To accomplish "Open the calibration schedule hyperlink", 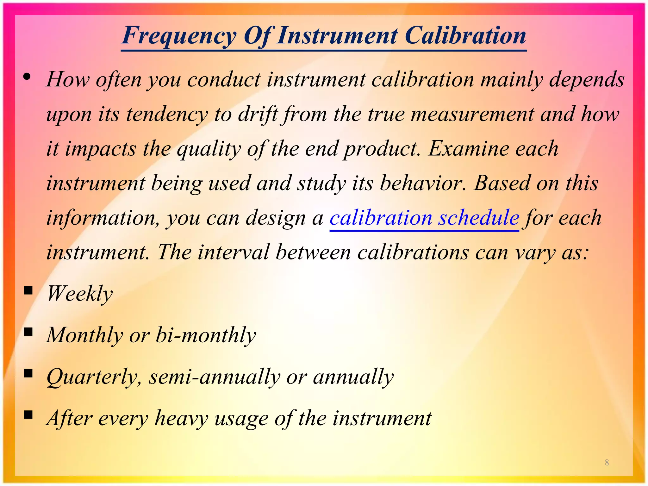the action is pyautogui.click(x=424, y=218).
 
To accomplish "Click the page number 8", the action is pyautogui.click(x=607, y=462).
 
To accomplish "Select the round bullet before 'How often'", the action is pyautogui.click(x=27, y=77).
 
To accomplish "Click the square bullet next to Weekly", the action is pyautogui.click(x=28, y=290).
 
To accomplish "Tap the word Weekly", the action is pyautogui.click(x=80, y=294).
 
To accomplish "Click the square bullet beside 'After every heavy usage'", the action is pyautogui.click(x=28, y=414).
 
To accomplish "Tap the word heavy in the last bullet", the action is pyautogui.click(x=181, y=418).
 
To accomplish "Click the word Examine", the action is pyautogui.click(x=468, y=149).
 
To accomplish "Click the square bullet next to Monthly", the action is pyautogui.click(x=28, y=332).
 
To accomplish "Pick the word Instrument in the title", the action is pyautogui.click(x=337, y=35).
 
